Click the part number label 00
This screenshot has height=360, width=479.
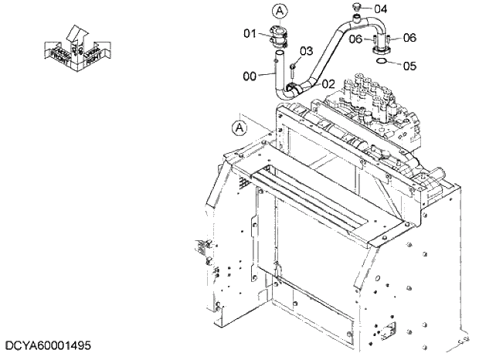tap(250, 76)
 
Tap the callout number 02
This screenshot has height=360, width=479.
tap(328, 83)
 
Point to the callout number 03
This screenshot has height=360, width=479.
tap(306, 52)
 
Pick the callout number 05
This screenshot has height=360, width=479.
tap(409, 66)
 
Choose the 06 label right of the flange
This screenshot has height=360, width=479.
tap(409, 37)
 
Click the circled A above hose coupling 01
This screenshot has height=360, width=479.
tap(279, 10)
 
